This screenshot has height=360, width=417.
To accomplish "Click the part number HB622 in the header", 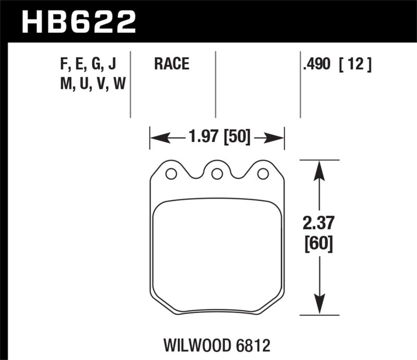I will click(78, 22).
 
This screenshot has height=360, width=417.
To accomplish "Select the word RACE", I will click(171, 65).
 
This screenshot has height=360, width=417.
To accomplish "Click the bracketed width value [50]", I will click(237, 138).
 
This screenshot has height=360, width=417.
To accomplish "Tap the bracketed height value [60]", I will click(317, 242).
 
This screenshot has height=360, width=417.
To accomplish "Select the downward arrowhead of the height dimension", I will click(317, 309).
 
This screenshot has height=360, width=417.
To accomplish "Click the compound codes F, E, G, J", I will click(88, 65).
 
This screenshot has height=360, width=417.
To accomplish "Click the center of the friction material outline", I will click(217, 255).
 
